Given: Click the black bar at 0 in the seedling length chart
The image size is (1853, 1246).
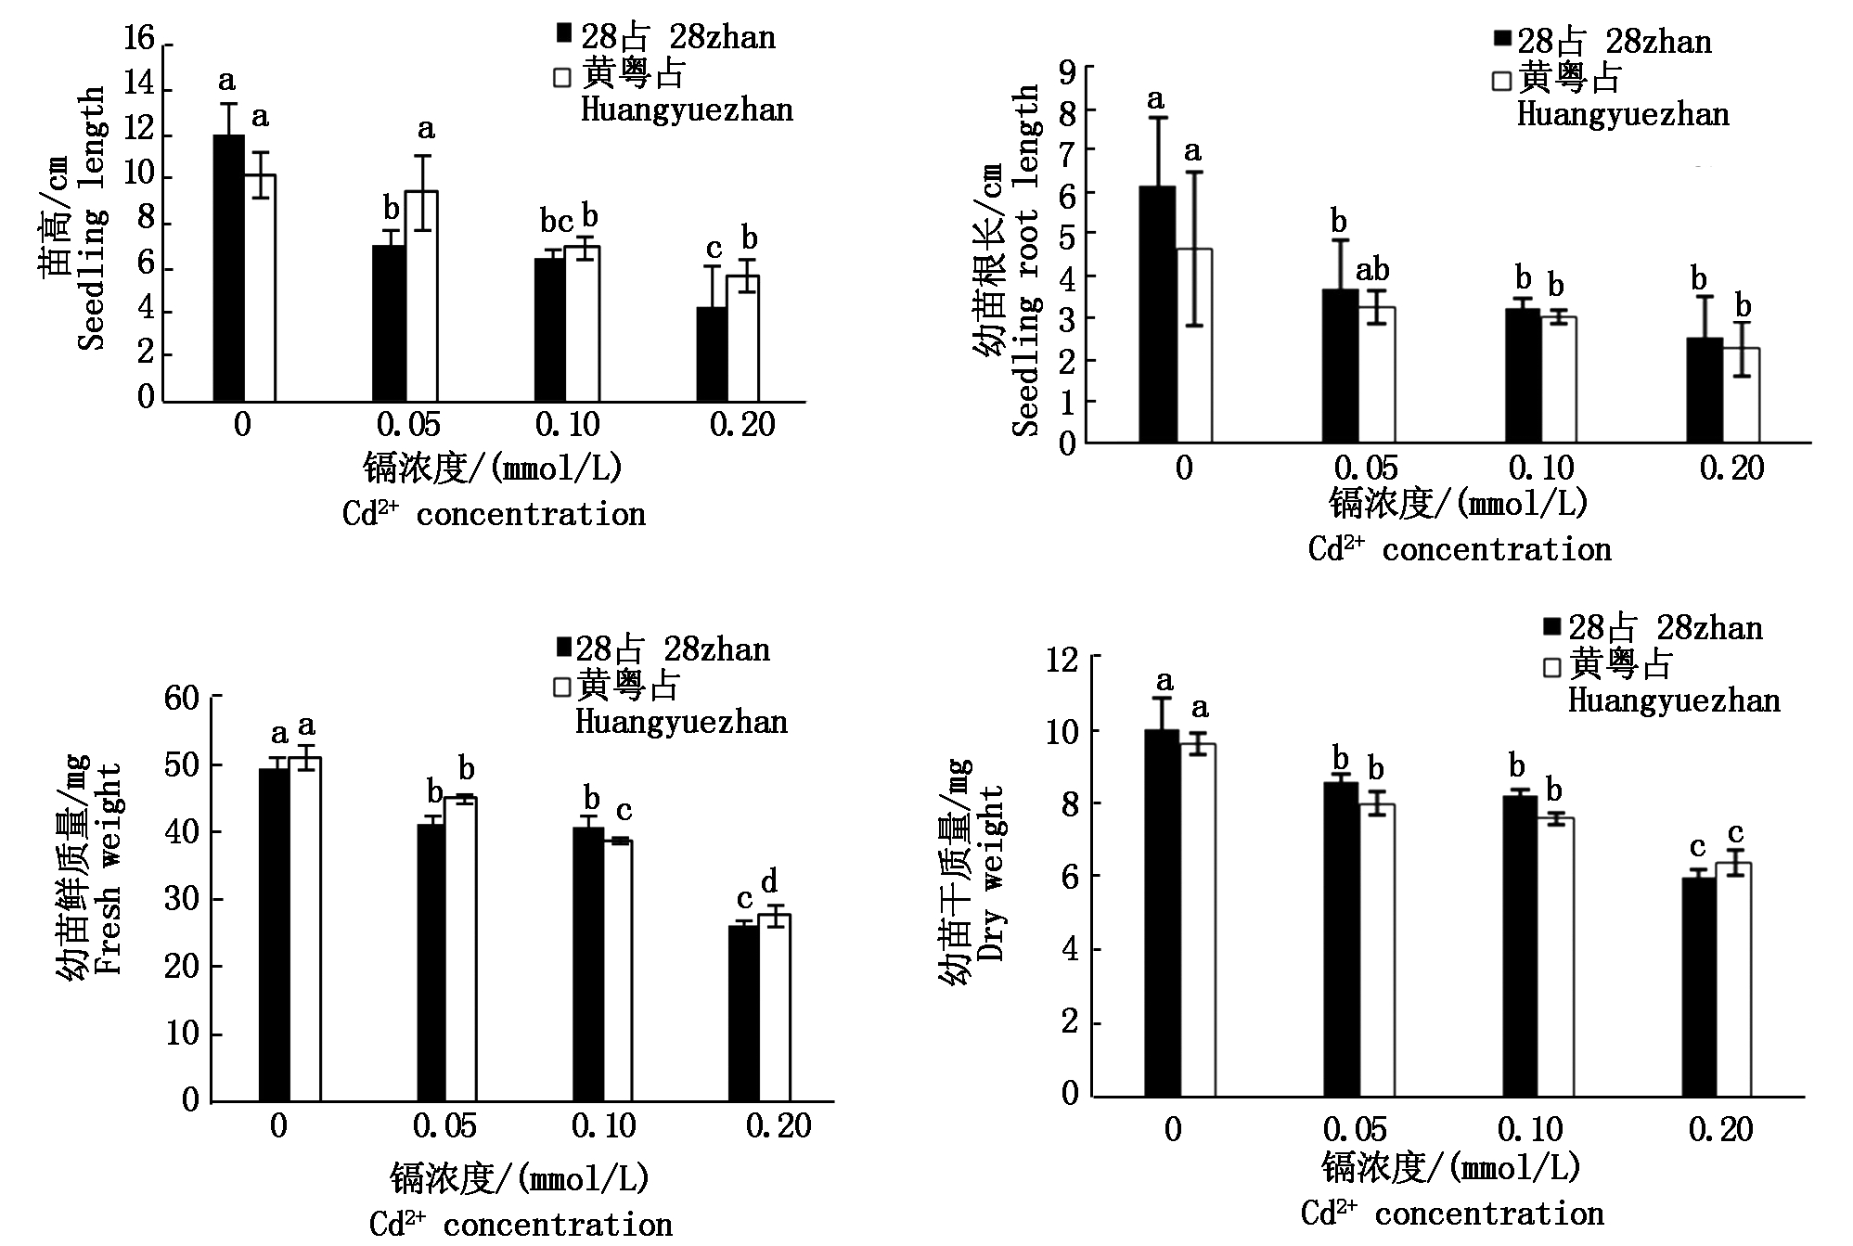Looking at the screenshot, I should tap(229, 269).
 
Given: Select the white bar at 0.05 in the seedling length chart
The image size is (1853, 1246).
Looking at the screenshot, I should tap(421, 297).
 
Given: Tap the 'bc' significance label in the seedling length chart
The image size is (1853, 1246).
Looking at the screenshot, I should tap(557, 223).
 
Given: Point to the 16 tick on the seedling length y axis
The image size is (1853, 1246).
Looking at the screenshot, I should tap(139, 39).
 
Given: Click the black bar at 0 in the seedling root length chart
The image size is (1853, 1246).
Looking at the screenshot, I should tap(1157, 315).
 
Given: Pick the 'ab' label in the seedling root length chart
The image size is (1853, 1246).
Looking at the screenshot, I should tap(1372, 271).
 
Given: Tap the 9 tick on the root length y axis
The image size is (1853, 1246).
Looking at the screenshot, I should tap(1067, 70).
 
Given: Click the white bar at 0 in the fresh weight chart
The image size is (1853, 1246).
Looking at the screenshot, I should tap(304, 928).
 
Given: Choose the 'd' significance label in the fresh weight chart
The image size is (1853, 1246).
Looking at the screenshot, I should tap(769, 881).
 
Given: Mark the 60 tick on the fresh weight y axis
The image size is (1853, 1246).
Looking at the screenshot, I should tap(182, 698).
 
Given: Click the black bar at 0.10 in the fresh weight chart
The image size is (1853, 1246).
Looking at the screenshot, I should tap(588, 965).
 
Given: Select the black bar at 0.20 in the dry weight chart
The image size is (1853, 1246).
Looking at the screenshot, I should tap(1699, 988).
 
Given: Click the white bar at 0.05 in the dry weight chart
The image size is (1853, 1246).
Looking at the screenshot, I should tap(1377, 951).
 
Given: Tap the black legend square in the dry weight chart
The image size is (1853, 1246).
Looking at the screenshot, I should tap(1552, 627).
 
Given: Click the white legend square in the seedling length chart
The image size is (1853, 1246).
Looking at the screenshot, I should tap(562, 77).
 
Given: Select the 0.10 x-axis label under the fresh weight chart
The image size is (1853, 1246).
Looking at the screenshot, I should tap(603, 1127).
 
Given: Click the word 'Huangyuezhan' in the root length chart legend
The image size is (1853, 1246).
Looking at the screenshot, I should tap(1623, 115).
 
